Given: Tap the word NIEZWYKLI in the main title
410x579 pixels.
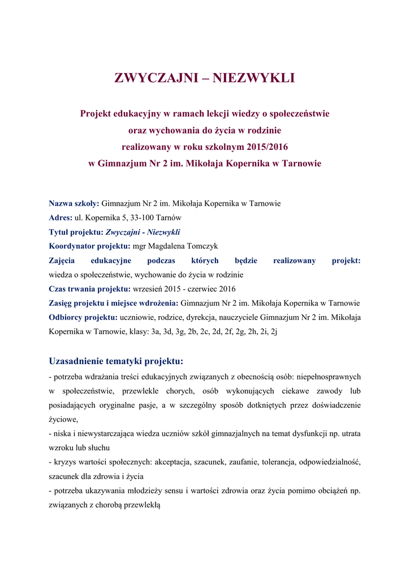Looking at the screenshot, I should (254, 78).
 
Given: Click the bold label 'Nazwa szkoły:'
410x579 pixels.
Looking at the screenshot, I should (74, 203).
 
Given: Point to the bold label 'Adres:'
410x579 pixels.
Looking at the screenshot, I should (61, 217).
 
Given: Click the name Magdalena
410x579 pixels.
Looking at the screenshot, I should (165, 246).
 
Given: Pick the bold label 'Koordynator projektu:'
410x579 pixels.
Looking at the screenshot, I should (89, 246).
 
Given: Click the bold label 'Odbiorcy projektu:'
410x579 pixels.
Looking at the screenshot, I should (83, 317).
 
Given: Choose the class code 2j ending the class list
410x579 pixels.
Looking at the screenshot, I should (274, 332).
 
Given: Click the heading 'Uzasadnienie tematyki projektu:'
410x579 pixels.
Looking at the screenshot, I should (116, 361).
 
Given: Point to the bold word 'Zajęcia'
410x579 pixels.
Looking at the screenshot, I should (62, 260).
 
